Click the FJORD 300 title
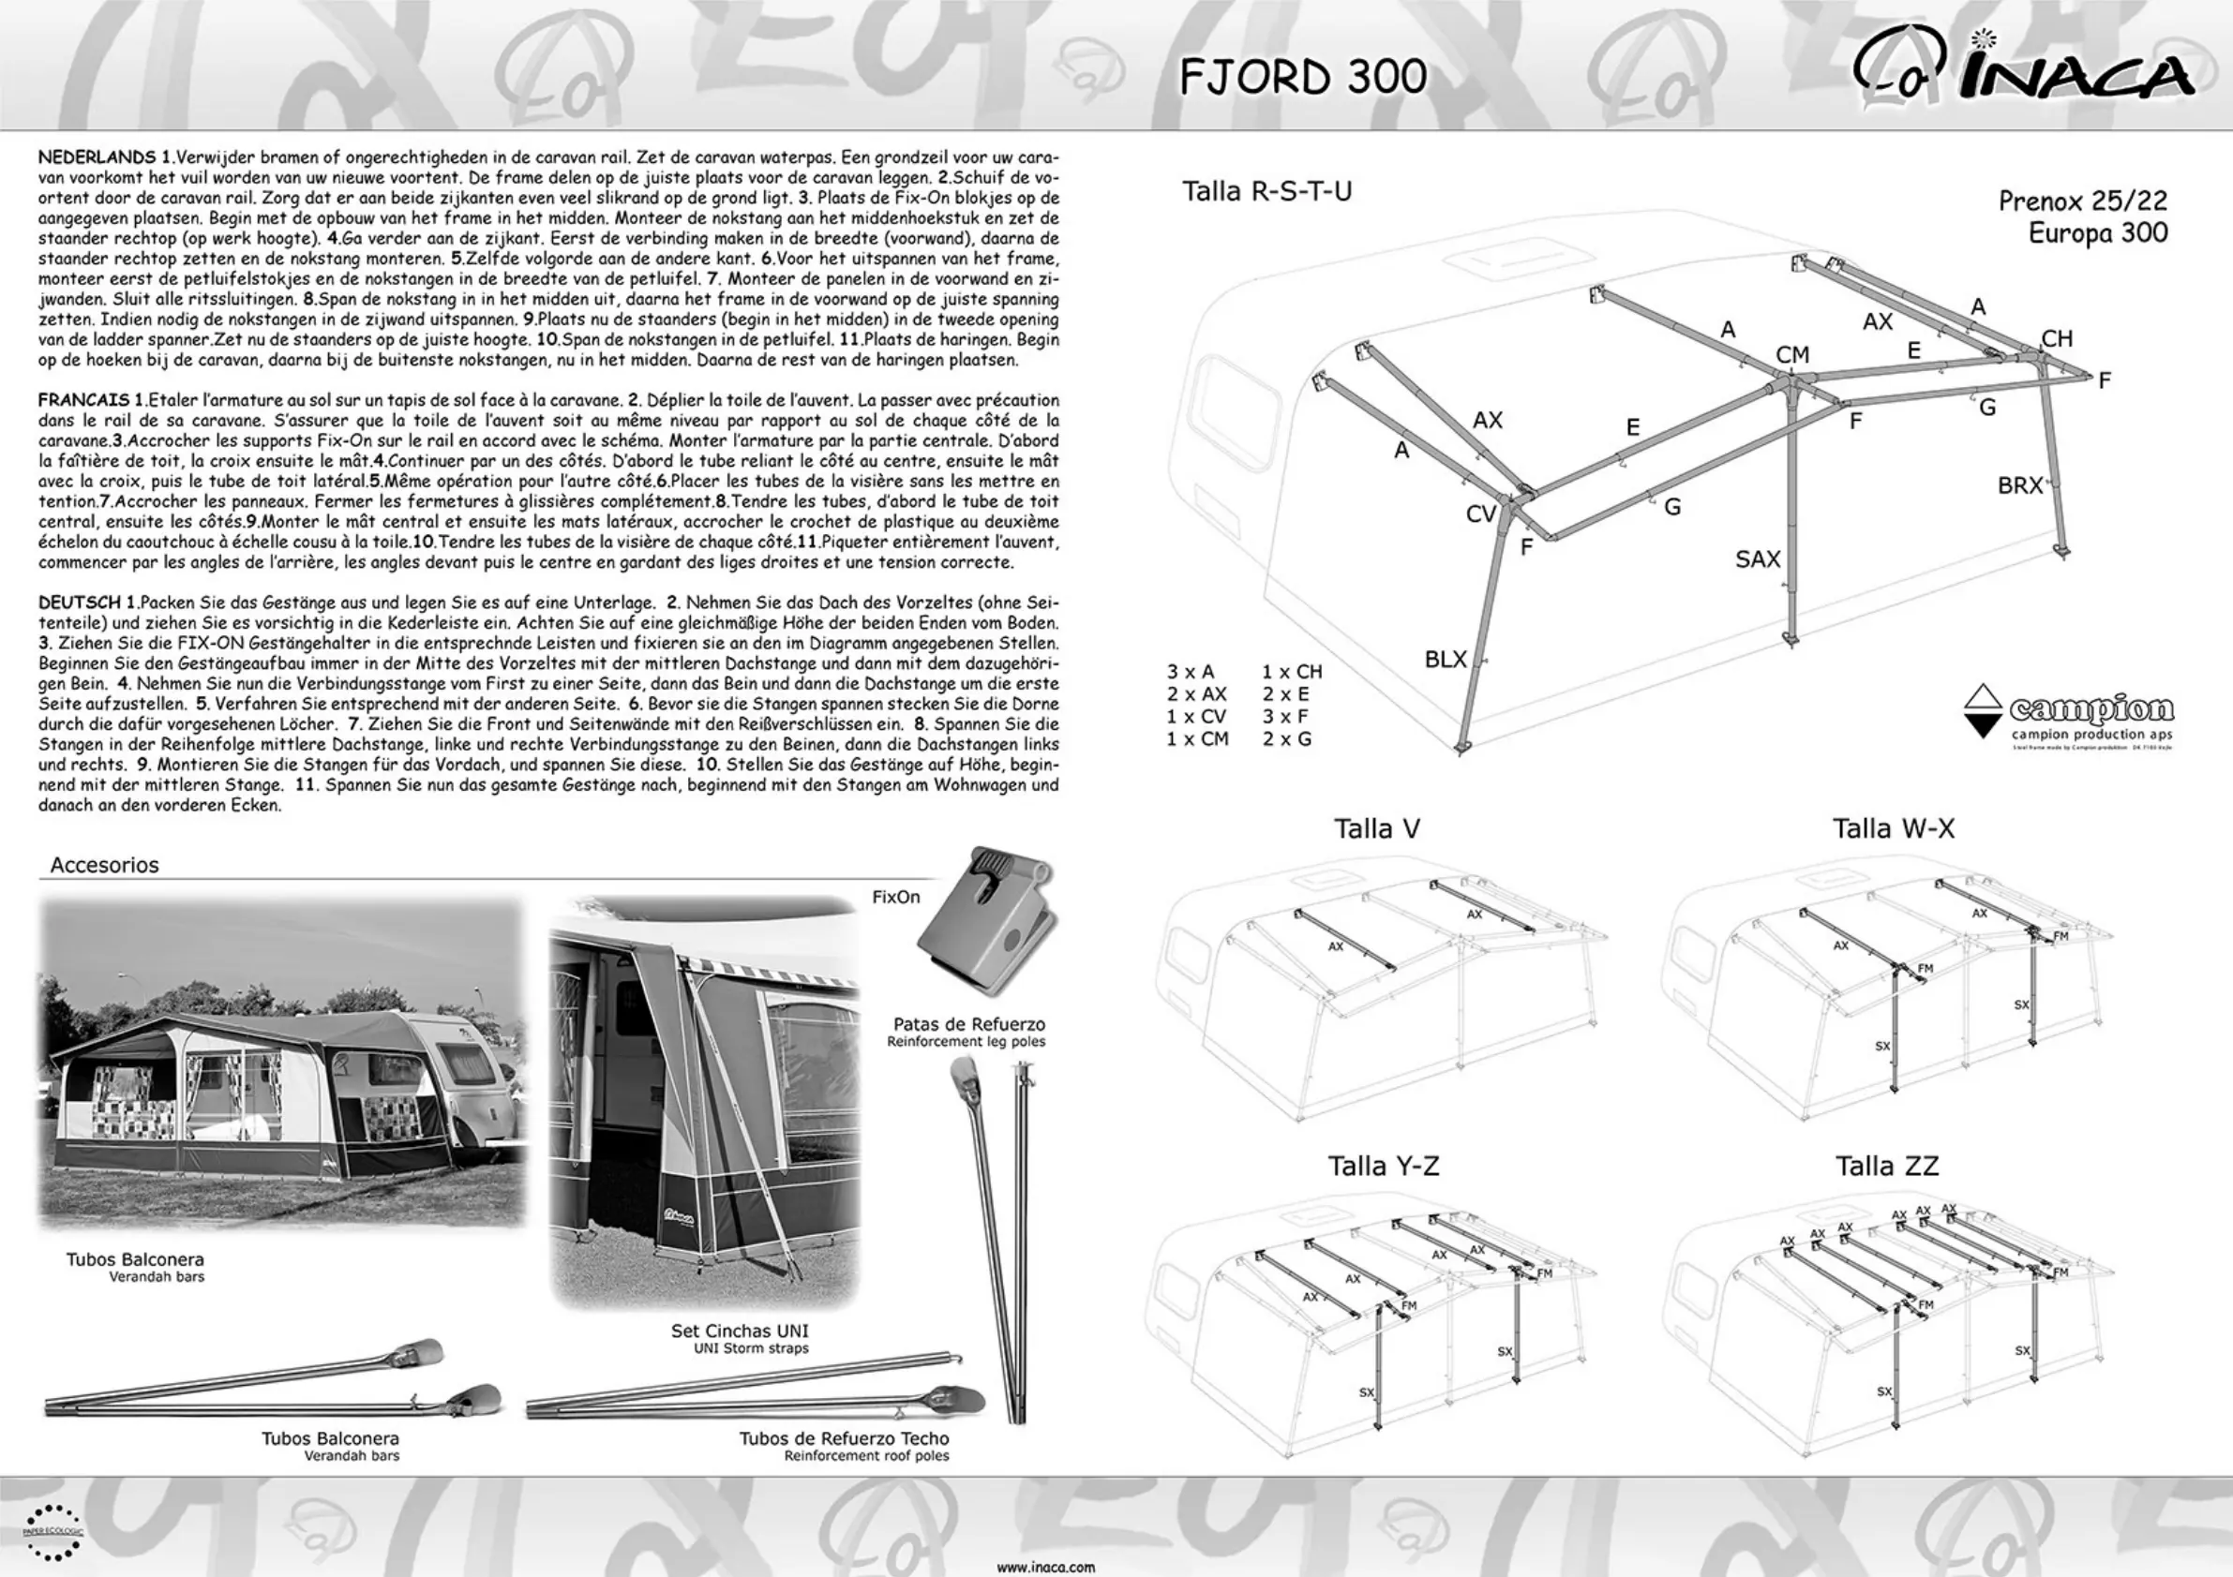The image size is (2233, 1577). tap(1302, 77)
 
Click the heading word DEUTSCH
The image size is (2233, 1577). tap(80, 603)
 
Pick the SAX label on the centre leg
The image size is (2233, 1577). tap(1758, 559)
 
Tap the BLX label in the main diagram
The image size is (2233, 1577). tap(1445, 659)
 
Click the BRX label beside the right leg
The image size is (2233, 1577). tap(2019, 485)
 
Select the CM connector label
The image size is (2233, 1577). tap(1791, 355)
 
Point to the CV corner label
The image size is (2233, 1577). tap(1480, 513)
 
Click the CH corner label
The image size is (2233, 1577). tap(2056, 338)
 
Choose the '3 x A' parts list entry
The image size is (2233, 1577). tap(1191, 672)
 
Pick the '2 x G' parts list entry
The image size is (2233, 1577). tap(1287, 739)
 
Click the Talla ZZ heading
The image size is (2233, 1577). tap(1886, 1166)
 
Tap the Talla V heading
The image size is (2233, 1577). tap(1376, 828)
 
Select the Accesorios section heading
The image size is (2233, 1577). tap(104, 864)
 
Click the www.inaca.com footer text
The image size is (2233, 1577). tap(1045, 1568)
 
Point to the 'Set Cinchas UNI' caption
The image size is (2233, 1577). tap(739, 1331)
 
